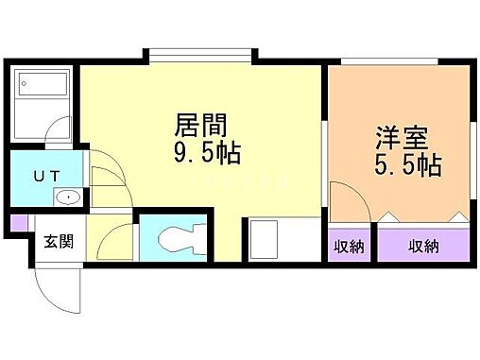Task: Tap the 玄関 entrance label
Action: [52, 239]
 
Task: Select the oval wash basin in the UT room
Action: [66, 198]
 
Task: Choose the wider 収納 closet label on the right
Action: [423, 247]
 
